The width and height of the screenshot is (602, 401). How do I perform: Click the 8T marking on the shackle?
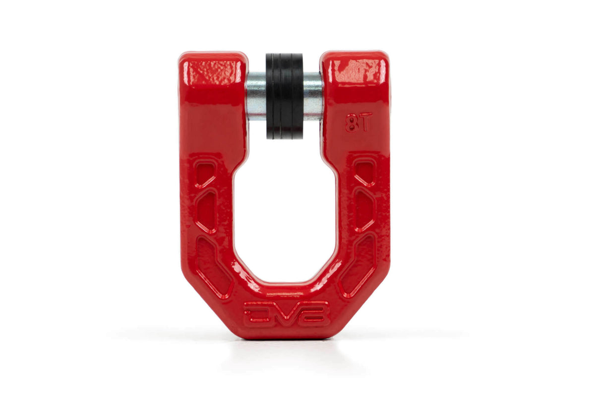pos(359,122)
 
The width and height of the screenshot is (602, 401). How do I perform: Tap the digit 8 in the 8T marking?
pos(352,122)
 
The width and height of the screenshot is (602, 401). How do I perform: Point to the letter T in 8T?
pos(364,121)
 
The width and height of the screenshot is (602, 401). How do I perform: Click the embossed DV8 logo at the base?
pos(286,313)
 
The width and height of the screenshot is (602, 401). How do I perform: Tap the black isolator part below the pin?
pos(284,128)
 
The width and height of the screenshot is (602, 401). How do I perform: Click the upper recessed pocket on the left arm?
pos(205,173)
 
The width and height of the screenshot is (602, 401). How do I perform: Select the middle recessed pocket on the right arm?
pos(364,210)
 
